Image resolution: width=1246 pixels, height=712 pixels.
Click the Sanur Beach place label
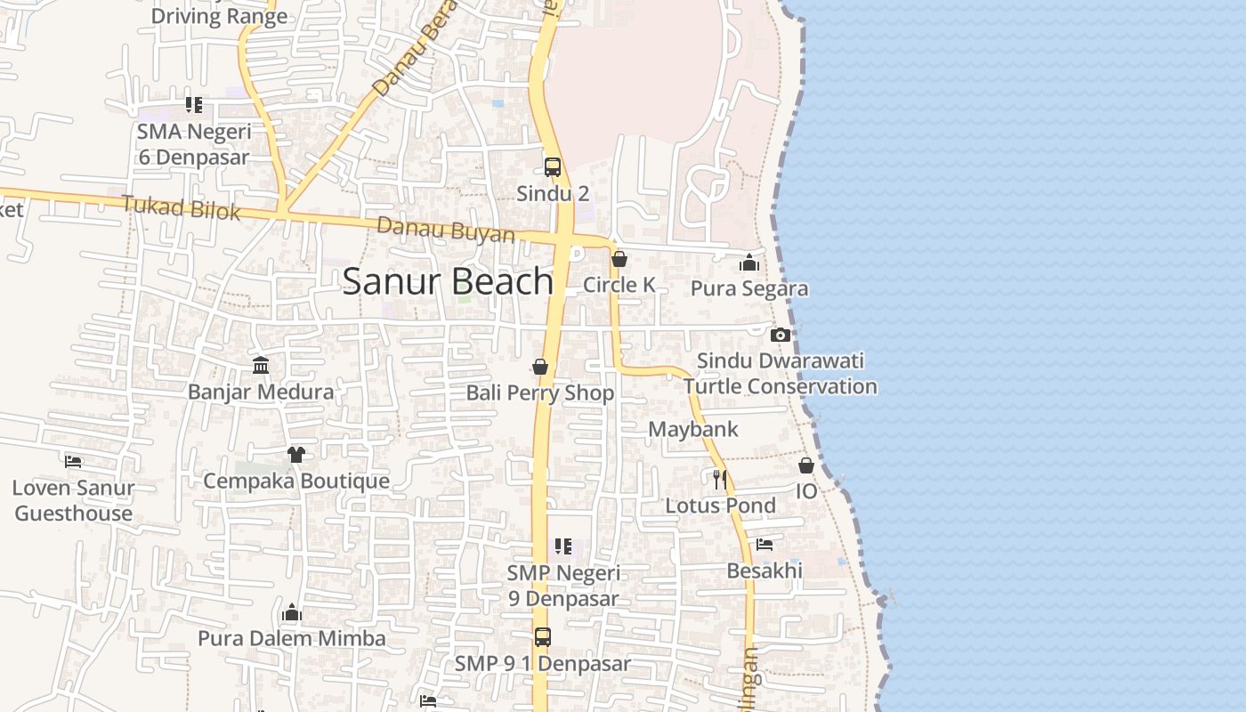click(x=448, y=281)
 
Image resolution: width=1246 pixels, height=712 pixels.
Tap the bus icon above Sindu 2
click(x=553, y=167)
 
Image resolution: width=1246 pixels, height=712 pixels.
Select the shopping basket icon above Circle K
click(x=619, y=259)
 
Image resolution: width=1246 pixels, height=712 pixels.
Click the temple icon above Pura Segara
click(x=749, y=263)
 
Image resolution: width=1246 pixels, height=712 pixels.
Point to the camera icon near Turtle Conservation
click(x=781, y=335)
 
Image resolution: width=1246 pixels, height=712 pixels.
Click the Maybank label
click(x=693, y=429)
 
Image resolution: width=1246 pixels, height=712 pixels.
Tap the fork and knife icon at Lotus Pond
click(x=720, y=479)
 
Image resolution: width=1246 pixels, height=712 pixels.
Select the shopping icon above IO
click(x=806, y=465)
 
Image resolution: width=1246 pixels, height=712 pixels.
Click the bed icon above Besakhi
click(x=765, y=545)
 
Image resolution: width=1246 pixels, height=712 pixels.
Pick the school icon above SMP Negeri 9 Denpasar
click(x=563, y=546)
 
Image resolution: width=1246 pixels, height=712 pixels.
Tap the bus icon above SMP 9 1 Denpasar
click(x=543, y=637)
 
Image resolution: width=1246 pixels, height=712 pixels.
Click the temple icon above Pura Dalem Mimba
click(x=292, y=612)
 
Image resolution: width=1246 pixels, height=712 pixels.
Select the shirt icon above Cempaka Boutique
click(x=296, y=455)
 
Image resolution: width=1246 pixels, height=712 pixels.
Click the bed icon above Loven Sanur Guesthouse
click(x=73, y=461)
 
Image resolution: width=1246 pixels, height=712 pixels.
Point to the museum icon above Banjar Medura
click(x=261, y=365)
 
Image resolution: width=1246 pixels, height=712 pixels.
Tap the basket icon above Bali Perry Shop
click(x=540, y=367)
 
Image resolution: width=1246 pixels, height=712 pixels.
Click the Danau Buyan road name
click(x=445, y=230)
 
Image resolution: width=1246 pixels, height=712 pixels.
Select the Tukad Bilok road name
click(x=181, y=208)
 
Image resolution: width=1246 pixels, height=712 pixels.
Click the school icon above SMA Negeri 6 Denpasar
click(x=194, y=105)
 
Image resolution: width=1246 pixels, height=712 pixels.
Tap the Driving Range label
click(x=219, y=15)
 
